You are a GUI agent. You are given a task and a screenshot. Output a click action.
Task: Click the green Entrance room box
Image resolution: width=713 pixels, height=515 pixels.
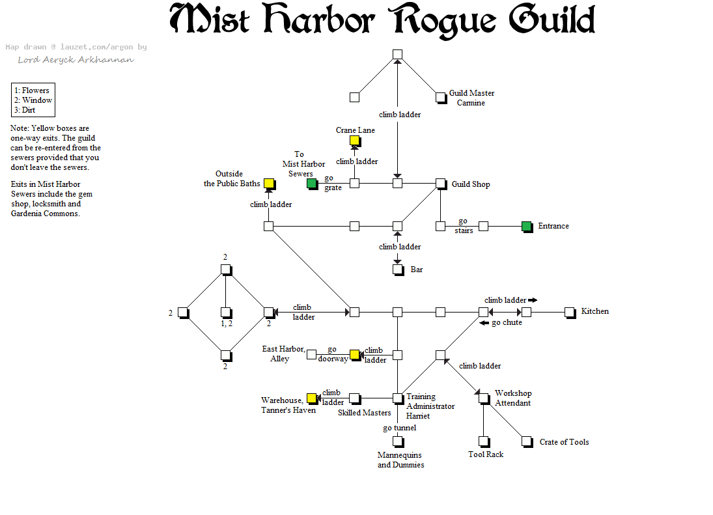click(526, 226)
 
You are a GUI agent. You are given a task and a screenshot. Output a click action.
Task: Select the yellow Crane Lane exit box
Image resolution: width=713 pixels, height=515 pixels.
click(354, 140)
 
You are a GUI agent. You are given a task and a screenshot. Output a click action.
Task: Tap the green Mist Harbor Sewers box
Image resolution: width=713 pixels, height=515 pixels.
click(311, 183)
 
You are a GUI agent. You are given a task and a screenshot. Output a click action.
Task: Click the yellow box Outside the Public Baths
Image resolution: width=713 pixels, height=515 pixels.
click(268, 183)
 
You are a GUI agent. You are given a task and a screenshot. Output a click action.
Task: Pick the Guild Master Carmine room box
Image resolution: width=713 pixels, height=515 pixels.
click(440, 97)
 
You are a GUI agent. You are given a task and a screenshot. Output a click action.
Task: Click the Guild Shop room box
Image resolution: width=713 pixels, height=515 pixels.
click(440, 183)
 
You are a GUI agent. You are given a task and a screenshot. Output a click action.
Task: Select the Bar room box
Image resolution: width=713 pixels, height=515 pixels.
click(397, 269)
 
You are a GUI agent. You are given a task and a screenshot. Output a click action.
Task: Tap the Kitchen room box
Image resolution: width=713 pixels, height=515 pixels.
click(569, 312)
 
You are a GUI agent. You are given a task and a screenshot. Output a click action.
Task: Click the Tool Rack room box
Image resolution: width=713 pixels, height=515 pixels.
click(483, 441)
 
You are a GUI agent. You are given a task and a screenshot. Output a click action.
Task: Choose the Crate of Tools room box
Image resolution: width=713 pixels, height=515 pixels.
click(526, 441)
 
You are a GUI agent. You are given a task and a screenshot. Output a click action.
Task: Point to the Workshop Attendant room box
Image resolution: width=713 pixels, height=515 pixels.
click(483, 398)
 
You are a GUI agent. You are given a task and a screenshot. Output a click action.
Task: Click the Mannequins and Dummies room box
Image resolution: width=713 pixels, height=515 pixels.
click(397, 441)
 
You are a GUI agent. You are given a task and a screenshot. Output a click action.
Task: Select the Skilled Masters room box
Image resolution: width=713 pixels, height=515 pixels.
click(354, 398)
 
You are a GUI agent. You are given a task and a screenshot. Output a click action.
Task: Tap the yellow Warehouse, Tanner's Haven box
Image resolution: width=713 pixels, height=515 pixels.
click(311, 398)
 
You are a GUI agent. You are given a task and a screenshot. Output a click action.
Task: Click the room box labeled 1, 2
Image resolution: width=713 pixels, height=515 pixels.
click(225, 312)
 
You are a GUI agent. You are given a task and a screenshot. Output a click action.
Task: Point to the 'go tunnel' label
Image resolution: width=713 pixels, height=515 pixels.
click(399, 428)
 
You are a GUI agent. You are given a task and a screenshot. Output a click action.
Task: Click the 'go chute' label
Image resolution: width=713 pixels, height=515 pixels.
click(506, 322)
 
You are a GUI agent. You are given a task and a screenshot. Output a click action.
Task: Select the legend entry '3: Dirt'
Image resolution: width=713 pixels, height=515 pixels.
click(25, 110)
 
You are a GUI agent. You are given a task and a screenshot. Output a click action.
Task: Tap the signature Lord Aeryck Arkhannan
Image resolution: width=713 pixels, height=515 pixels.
click(76, 60)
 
